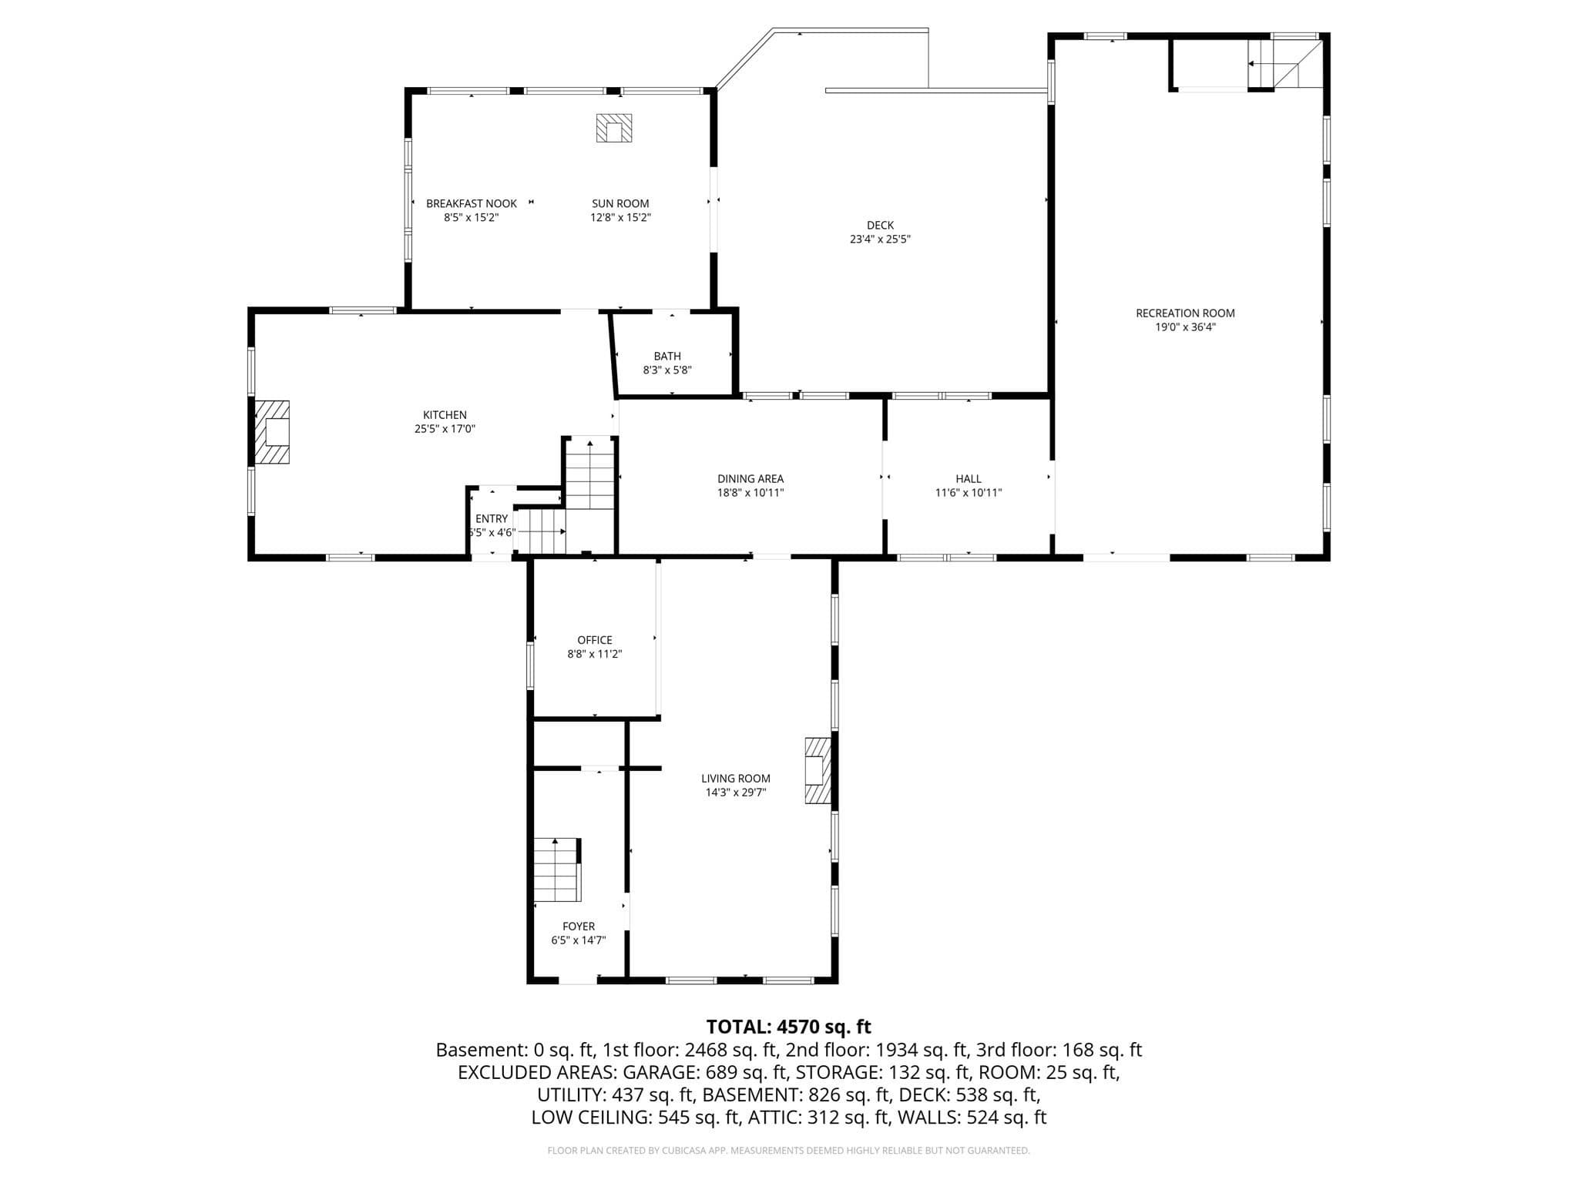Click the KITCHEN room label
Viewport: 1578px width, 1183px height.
pos(445,415)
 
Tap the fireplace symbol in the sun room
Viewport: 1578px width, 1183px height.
pos(613,128)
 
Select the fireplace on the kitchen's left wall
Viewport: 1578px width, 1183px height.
pos(272,432)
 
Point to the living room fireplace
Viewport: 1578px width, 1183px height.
pos(818,771)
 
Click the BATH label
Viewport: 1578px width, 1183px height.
pos(667,357)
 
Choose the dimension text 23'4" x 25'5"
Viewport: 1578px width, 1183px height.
pos(880,240)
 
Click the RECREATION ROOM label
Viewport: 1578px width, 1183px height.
pos(1185,313)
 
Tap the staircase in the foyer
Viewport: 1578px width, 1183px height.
pos(557,870)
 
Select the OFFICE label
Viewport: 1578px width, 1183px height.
pos(595,640)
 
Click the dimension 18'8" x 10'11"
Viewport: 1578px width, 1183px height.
pos(750,493)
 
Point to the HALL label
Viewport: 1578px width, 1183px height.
pos(969,479)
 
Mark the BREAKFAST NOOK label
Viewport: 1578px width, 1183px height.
pos(472,204)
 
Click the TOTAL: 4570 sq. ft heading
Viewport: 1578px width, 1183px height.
pos(789,1027)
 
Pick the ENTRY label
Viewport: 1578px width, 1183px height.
pos(492,519)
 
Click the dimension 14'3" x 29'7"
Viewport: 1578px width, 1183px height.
pos(736,793)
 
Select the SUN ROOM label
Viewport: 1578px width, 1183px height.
pos(620,204)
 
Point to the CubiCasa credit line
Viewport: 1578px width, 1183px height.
pos(788,1151)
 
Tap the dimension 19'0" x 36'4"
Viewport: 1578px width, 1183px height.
pos(1185,327)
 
